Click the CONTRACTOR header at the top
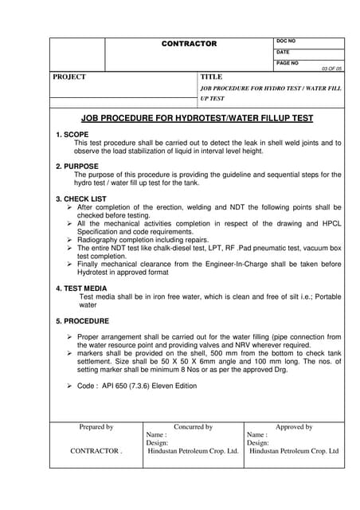click(189, 43)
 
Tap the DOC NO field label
click(286, 41)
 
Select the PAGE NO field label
click(288, 62)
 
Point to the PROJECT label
click(69, 77)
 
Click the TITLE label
click(211, 77)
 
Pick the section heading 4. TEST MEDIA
click(81, 287)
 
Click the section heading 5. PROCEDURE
click(82, 320)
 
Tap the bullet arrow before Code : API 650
click(70, 386)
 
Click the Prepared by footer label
click(96, 427)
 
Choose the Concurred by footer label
click(194, 427)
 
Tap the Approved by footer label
click(294, 427)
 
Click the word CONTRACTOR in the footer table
click(95, 451)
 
